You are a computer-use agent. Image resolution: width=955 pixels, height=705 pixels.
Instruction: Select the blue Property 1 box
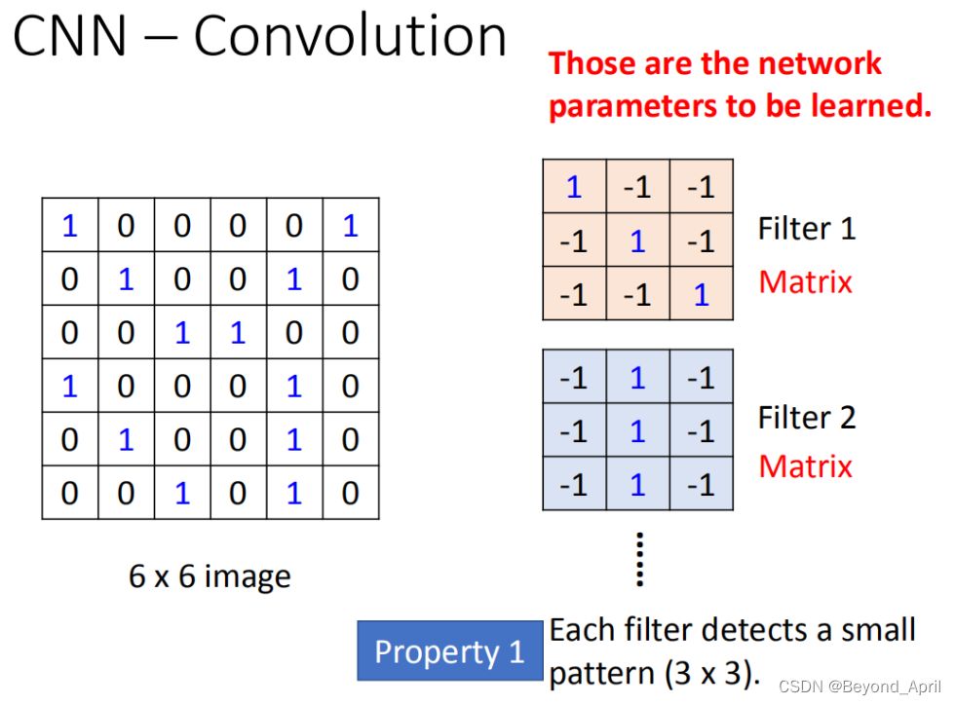(449, 651)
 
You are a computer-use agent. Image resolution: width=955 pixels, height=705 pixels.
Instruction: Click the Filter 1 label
(806, 229)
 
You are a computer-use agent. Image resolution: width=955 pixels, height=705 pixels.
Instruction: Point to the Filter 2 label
(806, 417)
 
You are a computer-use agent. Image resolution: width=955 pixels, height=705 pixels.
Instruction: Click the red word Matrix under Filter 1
(805, 281)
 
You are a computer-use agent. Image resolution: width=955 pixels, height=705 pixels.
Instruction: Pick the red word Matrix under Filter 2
(805, 465)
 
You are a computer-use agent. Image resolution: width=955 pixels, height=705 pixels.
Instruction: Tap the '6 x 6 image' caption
(210, 576)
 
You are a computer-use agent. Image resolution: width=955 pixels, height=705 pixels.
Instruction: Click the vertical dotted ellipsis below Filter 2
(640, 559)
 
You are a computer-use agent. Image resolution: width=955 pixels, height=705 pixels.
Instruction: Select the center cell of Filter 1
(637, 241)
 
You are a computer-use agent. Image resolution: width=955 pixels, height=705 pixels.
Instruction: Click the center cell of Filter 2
(637, 430)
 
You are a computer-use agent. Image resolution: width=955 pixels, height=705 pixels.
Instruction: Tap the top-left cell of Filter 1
(574, 187)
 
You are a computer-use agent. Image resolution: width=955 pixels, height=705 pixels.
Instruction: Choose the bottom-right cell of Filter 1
(702, 294)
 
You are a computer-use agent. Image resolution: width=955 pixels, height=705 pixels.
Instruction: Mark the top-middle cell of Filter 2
(637, 378)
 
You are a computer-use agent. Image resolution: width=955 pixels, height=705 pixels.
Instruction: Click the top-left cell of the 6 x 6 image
(69, 226)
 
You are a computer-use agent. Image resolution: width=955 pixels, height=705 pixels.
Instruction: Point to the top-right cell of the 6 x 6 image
(351, 226)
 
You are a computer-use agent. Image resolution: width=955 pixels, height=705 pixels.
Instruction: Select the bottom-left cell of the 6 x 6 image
(69, 493)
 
